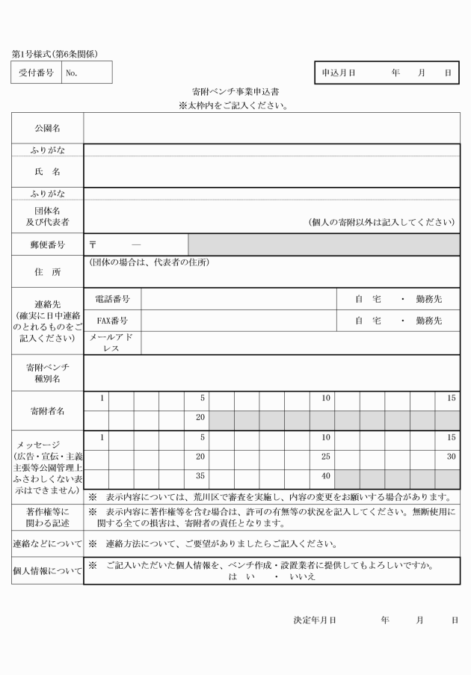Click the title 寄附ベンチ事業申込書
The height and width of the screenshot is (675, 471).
click(x=235, y=93)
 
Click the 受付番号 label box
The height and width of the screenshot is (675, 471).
click(x=36, y=73)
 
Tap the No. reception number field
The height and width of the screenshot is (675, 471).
click(x=87, y=73)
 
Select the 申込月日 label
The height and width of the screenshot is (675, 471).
click(x=338, y=73)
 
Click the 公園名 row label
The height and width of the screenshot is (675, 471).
click(x=47, y=129)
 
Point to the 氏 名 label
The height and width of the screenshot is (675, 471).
click(x=47, y=173)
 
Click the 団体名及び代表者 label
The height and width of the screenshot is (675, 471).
click(x=47, y=217)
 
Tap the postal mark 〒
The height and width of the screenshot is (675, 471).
click(x=93, y=244)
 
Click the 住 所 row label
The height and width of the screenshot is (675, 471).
click(x=47, y=273)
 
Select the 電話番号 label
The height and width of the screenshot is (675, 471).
click(x=113, y=299)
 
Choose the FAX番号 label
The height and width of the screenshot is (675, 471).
click(x=113, y=321)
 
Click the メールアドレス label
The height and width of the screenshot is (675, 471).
click(x=111, y=342)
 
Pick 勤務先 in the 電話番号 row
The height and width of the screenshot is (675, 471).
click(x=428, y=299)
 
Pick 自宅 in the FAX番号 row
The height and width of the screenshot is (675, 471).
click(x=368, y=321)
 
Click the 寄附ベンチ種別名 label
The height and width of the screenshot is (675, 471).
click(x=47, y=373)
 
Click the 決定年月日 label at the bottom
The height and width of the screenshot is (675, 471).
click(x=314, y=620)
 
